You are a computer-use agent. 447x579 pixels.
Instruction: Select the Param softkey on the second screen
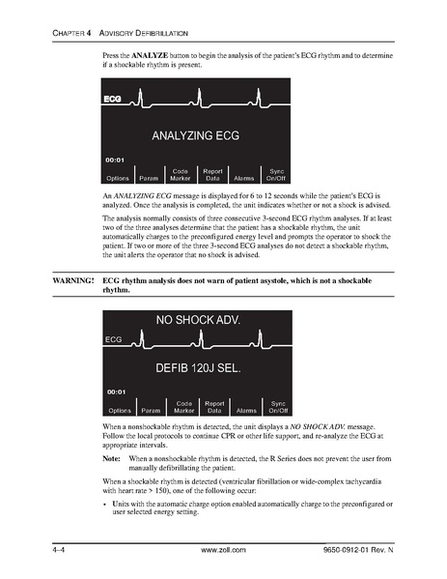tap(152, 411)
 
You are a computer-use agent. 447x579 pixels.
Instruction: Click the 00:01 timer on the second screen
tap(115, 392)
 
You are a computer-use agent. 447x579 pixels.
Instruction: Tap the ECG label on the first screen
tap(114, 100)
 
